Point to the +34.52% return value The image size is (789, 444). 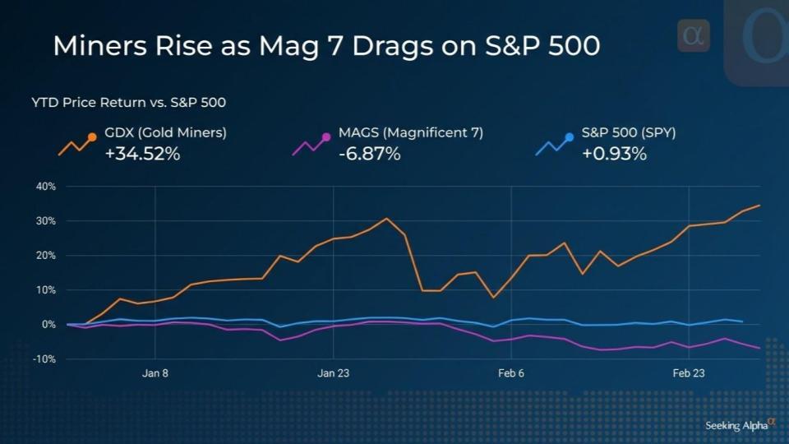142,153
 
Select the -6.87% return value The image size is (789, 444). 369,153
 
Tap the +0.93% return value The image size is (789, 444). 614,153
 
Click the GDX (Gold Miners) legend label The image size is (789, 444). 165,132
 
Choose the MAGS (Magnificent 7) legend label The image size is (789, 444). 410,132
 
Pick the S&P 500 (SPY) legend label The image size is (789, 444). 628,132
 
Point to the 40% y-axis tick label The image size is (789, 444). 44,187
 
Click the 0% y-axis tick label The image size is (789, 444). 48,325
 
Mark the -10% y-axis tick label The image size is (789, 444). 43,359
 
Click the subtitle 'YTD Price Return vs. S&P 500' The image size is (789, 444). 129,103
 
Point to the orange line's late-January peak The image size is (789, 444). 386,219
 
